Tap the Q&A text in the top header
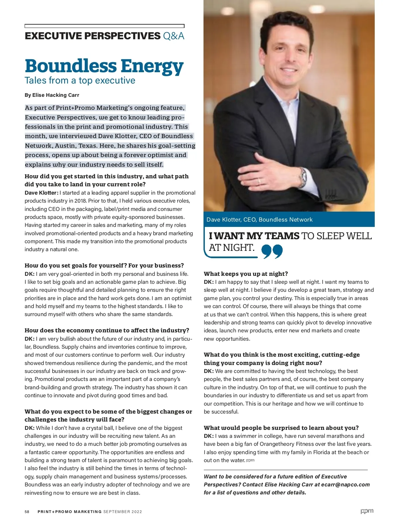coord(174,36)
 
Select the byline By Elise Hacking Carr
coord(52,95)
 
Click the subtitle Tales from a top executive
coord(80,81)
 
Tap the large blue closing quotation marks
coord(272,251)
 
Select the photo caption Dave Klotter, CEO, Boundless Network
coord(259,220)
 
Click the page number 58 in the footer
coord(27,512)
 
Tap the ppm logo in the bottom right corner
coord(367,511)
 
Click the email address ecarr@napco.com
coord(345,484)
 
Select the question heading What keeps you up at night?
coord(246,274)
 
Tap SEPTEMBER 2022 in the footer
coord(123,512)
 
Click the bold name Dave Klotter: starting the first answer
coord(41,193)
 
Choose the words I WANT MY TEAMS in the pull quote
coord(254,236)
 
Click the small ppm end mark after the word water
coord(250,460)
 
